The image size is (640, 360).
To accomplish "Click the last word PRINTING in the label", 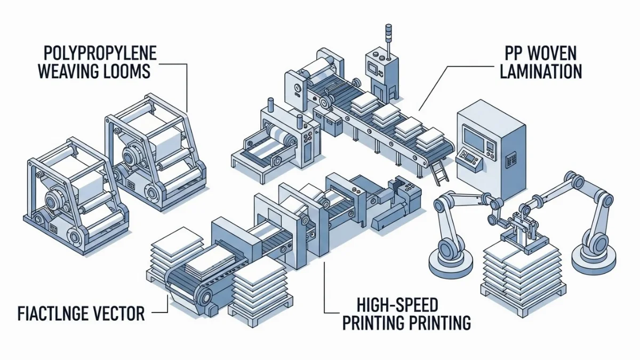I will point(439,323).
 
